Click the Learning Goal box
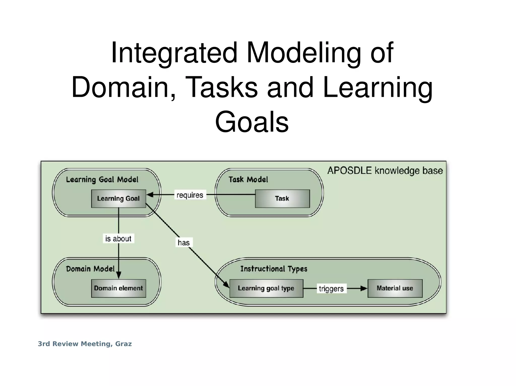[118, 199]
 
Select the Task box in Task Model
[282, 199]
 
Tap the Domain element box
[118, 288]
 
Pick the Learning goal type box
[266, 288]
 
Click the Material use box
[395, 288]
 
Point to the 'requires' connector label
[190, 195]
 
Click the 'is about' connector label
[118, 238]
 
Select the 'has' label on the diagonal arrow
[184, 242]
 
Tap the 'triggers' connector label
[331, 288]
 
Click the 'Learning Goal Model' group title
[102, 180]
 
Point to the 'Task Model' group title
[248, 180]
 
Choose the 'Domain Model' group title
[90, 269]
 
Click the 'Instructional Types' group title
[274, 269]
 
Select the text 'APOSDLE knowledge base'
[385, 170]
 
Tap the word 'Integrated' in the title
[174, 53]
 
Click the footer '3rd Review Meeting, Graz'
[85, 344]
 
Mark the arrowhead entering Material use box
[364, 288]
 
